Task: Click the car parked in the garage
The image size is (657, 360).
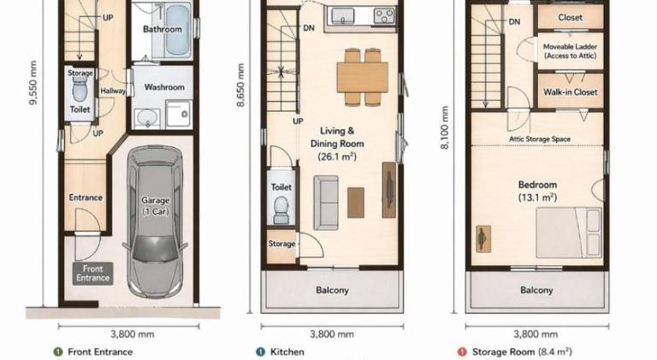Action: click(x=155, y=221)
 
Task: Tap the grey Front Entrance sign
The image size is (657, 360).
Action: click(x=92, y=274)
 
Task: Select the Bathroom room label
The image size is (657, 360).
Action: click(x=163, y=29)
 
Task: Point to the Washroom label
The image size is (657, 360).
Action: click(x=164, y=87)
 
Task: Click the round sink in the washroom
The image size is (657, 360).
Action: click(x=146, y=117)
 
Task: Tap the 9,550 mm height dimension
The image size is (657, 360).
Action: click(x=33, y=83)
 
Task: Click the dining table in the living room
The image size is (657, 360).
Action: click(x=363, y=77)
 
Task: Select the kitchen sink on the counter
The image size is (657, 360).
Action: click(x=343, y=16)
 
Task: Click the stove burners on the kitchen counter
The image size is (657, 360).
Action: click(x=384, y=16)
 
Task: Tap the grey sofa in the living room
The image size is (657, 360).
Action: click(x=326, y=203)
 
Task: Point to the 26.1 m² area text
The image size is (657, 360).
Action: click(x=337, y=156)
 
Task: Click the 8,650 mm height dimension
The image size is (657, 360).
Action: click(x=240, y=85)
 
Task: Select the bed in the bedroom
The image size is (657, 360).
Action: click(x=569, y=233)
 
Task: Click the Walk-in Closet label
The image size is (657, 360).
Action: click(x=571, y=92)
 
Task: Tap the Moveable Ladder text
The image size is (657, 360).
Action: click(x=571, y=46)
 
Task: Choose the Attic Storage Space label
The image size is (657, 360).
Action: click(x=540, y=139)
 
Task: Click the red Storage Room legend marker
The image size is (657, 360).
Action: click(x=462, y=352)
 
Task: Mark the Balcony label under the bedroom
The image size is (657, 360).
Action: click(x=536, y=290)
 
